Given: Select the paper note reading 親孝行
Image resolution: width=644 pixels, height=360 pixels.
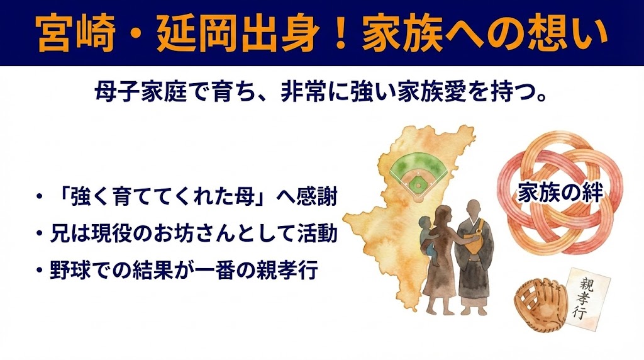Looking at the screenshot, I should [588, 296].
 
